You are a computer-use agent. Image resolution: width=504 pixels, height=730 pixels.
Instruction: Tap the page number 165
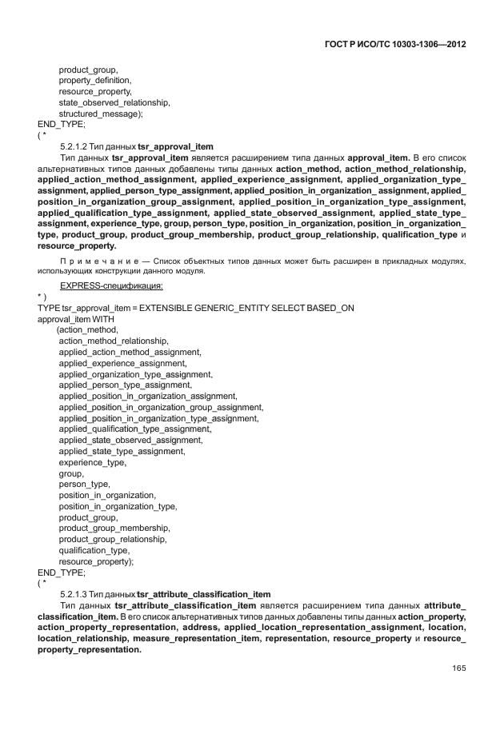[458, 668]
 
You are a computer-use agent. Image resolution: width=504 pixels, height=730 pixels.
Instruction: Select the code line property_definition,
[95, 81]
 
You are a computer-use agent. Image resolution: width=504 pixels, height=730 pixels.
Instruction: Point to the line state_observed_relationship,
[114, 103]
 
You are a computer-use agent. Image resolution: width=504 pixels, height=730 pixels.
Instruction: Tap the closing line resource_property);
[96, 561]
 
